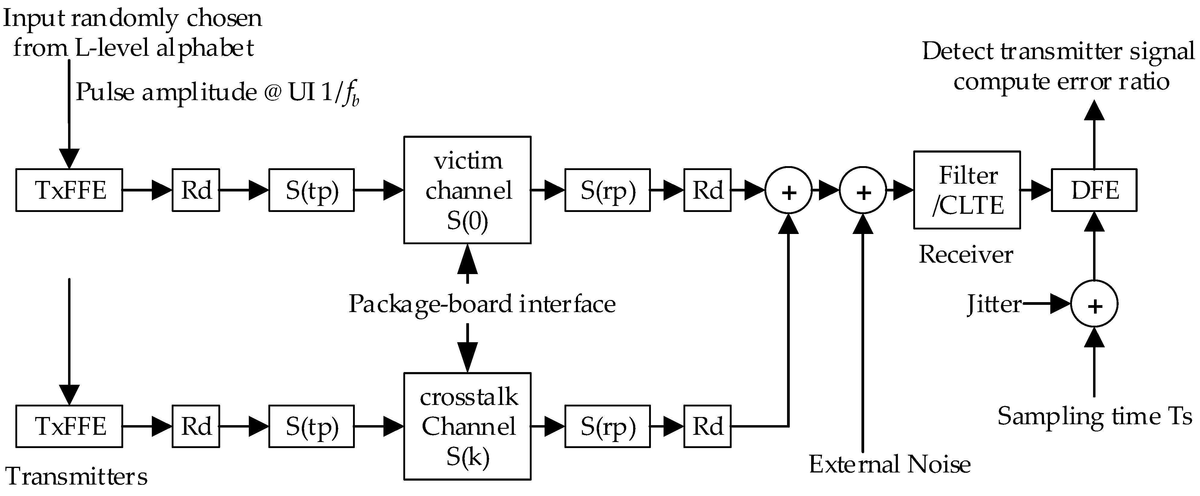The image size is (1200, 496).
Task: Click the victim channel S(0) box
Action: tap(467, 190)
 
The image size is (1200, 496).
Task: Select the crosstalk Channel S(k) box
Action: tap(467, 426)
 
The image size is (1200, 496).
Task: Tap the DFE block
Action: tap(1094, 190)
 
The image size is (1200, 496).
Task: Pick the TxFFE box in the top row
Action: tap(69, 190)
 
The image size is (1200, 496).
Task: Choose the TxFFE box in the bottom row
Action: tap(69, 426)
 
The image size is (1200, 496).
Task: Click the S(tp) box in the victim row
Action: tap(311, 190)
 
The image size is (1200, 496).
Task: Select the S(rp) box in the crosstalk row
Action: tap(608, 426)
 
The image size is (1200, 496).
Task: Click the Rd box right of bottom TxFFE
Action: tap(196, 426)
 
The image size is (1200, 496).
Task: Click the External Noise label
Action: tap(890, 464)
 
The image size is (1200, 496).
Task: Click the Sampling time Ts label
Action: tap(1094, 416)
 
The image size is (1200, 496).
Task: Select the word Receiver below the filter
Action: tap(966, 254)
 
